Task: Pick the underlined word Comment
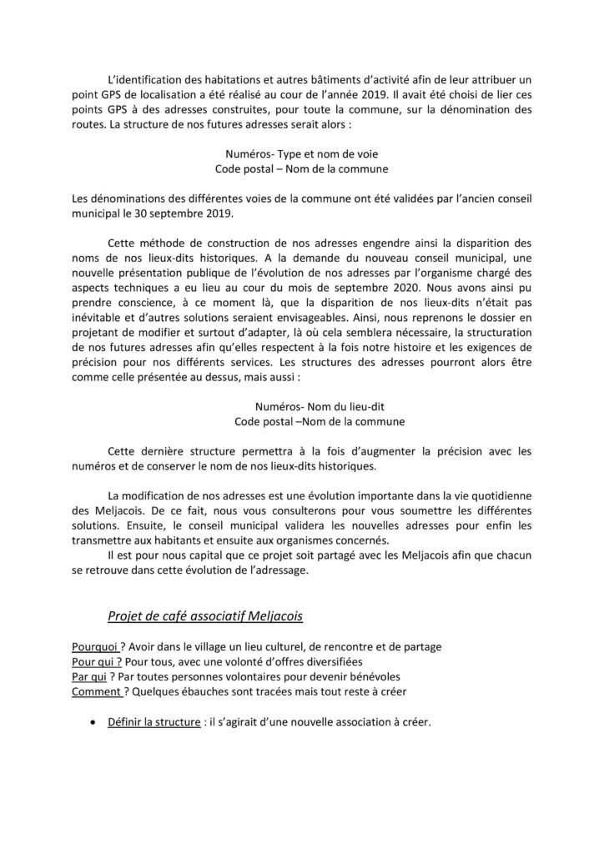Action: click(x=96, y=693)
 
